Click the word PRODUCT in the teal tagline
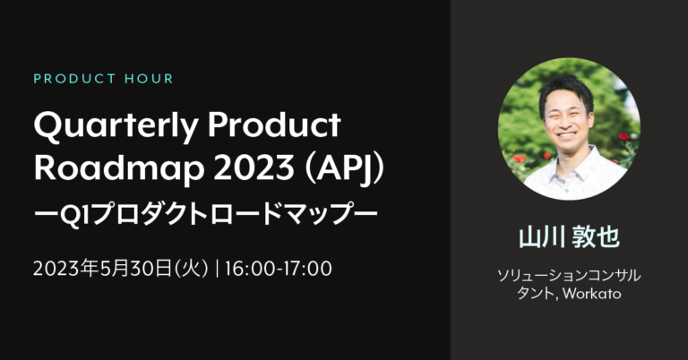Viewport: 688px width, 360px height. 74,79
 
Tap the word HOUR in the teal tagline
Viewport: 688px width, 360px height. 150,79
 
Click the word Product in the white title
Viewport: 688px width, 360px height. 274,124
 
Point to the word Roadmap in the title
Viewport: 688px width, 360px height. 119,169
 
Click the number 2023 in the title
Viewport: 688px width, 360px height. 254,167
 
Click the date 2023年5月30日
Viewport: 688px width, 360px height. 102,269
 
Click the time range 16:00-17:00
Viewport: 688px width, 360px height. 279,269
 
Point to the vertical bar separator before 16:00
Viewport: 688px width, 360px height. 217,269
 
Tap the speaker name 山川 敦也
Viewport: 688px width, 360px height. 569,237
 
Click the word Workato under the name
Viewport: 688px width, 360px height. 592,294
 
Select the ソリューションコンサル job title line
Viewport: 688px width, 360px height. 569,275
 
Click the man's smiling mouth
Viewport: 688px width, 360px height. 566,134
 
